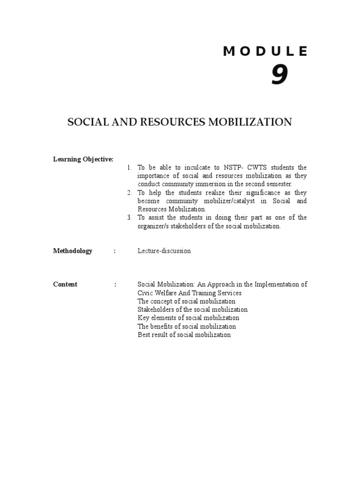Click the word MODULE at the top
(265, 52)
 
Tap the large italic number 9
(279, 75)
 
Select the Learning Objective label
(83, 159)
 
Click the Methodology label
(73, 251)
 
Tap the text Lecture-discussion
(164, 251)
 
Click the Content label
(65, 284)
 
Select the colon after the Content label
(115, 284)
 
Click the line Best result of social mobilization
(184, 335)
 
